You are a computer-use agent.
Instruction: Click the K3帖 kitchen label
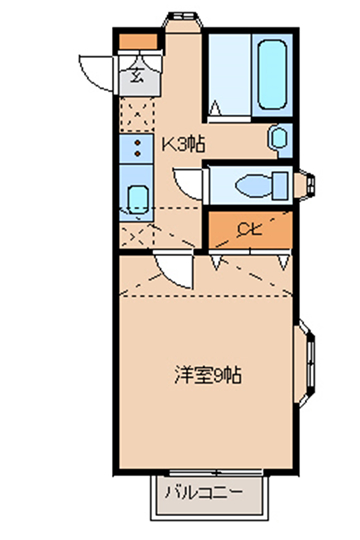coord(183,144)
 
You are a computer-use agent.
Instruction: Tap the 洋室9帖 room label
coord(207,375)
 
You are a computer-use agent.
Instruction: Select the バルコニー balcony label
coord(204,493)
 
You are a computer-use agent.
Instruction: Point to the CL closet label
coord(250,228)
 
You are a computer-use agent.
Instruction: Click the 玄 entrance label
coord(137,75)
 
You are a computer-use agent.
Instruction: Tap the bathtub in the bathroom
coord(272,74)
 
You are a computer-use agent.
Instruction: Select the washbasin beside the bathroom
coord(278,138)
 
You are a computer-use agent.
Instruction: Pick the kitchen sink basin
coord(138,200)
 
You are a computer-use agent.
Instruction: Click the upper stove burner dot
coord(137,142)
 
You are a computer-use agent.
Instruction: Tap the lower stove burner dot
coord(137,154)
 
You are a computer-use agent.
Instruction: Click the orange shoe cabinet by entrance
coord(138,41)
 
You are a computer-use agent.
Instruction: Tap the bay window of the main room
coord(306,364)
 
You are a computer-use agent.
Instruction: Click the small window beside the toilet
coord(306,185)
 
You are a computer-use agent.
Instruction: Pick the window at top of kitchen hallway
coord(183,21)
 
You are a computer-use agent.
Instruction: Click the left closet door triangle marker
coord(216,262)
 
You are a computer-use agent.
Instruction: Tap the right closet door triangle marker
coord(284,262)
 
